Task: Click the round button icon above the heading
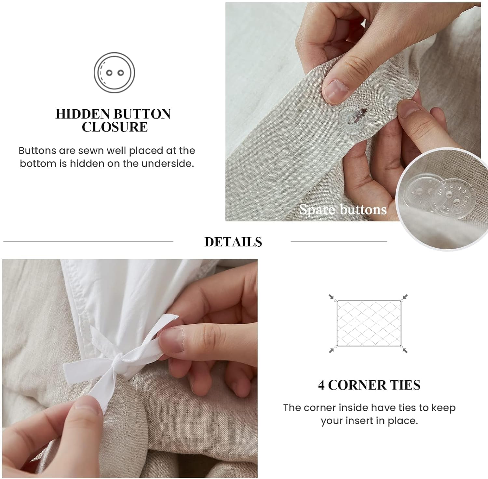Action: tap(114, 72)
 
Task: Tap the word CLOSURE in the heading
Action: tap(115, 127)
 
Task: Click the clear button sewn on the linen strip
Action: tap(351, 119)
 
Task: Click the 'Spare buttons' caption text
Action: tap(343, 210)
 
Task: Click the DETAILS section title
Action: tap(233, 242)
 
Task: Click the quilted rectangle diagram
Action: tap(369, 323)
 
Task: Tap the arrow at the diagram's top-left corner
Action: tap(331, 296)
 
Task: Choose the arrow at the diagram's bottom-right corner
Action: tap(405, 350)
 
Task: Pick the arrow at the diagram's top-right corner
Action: tap(405, 296)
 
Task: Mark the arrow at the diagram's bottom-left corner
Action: tap(331, 350)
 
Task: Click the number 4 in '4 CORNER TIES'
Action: tap(321, 385)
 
